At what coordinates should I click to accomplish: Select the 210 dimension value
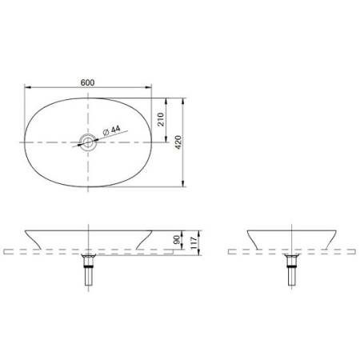pos(160,121)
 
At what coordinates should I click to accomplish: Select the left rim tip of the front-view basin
pos(25,229)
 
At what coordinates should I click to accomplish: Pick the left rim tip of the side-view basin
pos(247,229)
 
